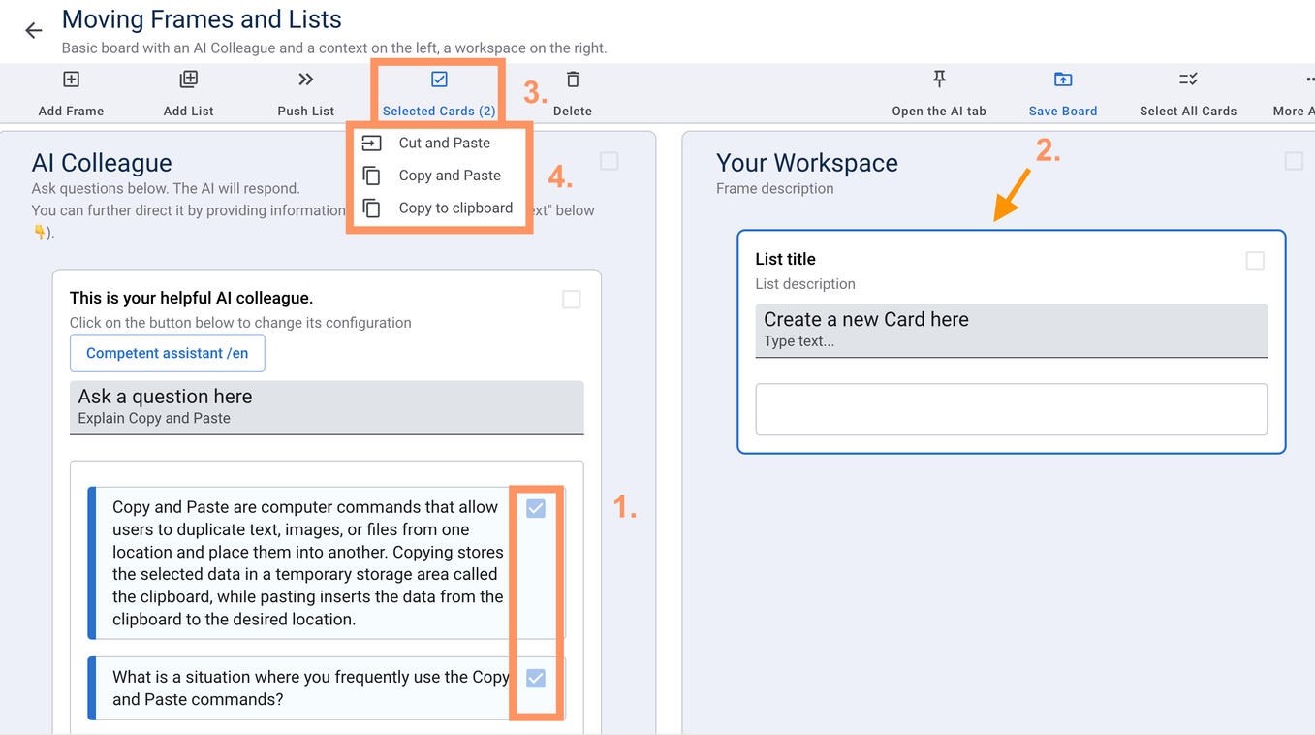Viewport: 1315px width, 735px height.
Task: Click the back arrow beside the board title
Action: (34, 30)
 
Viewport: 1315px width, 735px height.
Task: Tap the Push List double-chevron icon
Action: (305, 80)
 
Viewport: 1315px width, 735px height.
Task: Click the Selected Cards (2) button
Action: (439, 93)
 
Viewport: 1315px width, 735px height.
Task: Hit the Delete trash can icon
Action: (573, 80)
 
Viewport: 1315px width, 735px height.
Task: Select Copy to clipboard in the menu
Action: (437, 208)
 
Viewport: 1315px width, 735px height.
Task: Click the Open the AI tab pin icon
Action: (939, 79)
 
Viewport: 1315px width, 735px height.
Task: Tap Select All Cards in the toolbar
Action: (1188, 93)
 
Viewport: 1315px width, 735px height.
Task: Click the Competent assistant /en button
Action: (168, 353)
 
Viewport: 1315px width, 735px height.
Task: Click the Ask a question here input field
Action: (327, 407)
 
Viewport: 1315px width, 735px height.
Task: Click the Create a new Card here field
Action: (1011, 331)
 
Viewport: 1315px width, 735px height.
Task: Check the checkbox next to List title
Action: (1255, 260)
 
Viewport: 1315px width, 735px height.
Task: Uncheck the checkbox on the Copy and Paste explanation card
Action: (535, 508)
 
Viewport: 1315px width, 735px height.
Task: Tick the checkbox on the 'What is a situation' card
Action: (535, 678)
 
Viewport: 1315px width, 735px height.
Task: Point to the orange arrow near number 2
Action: (1012, 195)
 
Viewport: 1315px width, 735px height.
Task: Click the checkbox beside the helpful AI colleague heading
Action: (571, 299)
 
